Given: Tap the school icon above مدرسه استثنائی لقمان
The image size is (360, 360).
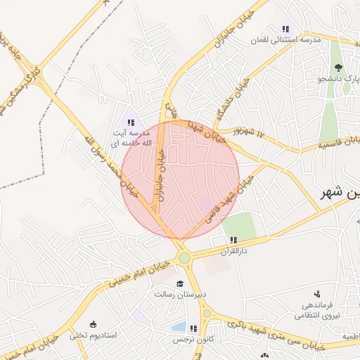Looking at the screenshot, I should click(x=285, y=29).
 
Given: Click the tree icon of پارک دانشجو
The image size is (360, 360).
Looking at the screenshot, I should click(x=339, y=68).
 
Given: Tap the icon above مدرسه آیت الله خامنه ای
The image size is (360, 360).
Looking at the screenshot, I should click(x=131, y=122).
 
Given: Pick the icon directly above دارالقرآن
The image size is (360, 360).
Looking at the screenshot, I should click(x=233, y=240).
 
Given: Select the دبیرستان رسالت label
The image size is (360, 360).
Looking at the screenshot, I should click(x=179, y=294).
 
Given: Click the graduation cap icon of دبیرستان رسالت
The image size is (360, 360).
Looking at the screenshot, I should click(x=179, y=283).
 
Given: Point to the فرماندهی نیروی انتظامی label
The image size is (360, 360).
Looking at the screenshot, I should click(x=321, y=310).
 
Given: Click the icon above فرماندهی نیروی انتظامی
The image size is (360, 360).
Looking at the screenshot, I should click(x=317, y=294).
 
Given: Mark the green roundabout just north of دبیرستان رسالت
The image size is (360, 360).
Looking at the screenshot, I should click(x=184, y=258).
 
